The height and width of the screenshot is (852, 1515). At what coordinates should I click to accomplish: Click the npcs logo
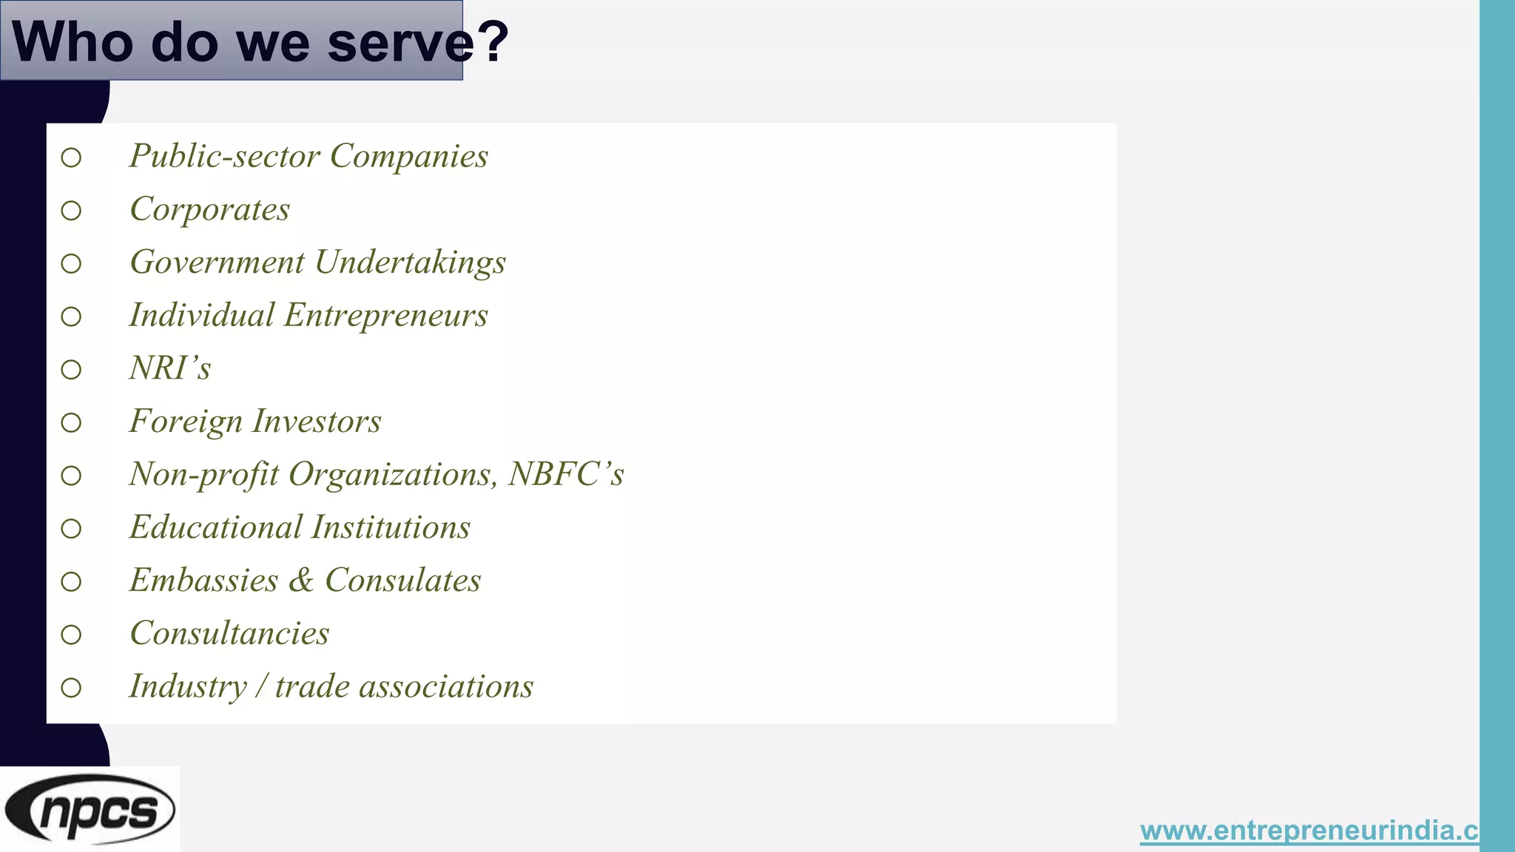(x=90, y=809)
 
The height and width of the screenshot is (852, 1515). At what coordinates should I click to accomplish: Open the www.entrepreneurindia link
(x=1309, y=831)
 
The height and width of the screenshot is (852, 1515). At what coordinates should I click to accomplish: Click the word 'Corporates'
(x=210, y=210)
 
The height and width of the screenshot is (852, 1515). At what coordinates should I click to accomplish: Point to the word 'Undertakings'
(x=411, y=263)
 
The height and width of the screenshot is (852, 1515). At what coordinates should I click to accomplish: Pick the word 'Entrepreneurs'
(x=386, y=316)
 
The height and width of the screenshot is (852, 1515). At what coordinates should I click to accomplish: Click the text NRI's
(x=170, y=368)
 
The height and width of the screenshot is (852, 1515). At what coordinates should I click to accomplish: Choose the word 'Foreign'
(x=186, y=422)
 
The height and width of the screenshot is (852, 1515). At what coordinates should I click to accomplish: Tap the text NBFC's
(x=566, y=475)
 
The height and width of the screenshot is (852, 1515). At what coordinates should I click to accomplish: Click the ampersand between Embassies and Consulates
(x=301, y=581)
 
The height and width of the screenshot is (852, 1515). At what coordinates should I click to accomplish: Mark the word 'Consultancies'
(x=229, y=634)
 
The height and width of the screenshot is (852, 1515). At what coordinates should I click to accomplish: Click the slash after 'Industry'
(x=260, y=687)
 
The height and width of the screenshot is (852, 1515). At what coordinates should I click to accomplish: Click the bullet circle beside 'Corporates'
(x=71, y=211)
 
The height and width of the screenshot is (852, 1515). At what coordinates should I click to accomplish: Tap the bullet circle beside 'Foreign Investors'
(x=71, y=423)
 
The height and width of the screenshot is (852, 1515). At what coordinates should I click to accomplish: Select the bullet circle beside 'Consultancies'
(x=71, y=635)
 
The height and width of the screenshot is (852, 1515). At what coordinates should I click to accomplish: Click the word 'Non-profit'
(x=204, y=475)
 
